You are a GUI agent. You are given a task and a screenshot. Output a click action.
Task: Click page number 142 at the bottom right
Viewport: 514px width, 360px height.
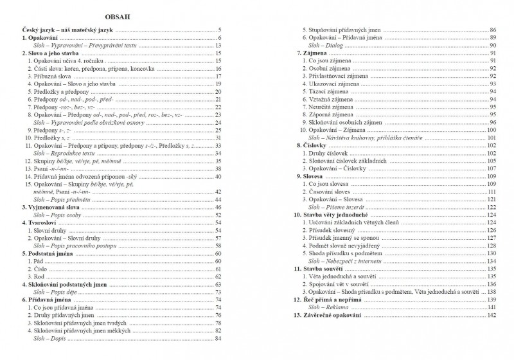pos(493,316)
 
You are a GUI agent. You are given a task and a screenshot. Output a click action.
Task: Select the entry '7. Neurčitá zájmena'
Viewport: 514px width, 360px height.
pos(334,107)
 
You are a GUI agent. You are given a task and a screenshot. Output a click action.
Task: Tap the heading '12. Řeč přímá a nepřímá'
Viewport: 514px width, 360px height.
pos(332,300)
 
